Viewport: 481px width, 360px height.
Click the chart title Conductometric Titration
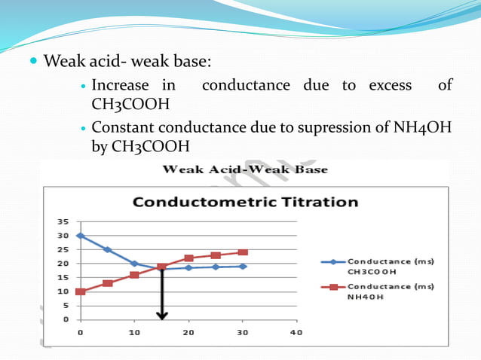(x=245, y=203)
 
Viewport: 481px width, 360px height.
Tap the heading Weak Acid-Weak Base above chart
(x=245, y=169)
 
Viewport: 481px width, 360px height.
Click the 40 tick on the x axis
(x=296, y=332)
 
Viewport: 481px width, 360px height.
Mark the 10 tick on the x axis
(x=134, y=332)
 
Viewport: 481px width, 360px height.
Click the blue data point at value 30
(x=81, y=236)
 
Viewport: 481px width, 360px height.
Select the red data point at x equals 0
(x=81, y=291)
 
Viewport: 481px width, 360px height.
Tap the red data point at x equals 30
(x=243, y=252)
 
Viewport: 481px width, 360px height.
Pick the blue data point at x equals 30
(x=243, y=266)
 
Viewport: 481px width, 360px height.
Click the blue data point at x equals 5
(x=108, y=249)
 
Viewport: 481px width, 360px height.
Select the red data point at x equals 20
(x=188, y=258)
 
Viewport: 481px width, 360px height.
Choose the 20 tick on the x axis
(x=188, y=332)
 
